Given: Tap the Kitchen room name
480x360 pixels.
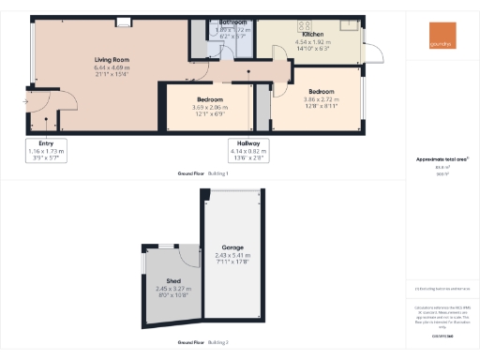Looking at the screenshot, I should point(312,34).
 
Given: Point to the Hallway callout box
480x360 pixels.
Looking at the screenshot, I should point(249,150).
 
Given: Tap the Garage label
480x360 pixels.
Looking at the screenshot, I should point(233,247).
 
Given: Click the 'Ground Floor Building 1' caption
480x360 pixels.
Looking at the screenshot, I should point(202,174).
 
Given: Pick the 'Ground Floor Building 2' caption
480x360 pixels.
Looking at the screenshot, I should point(202,343).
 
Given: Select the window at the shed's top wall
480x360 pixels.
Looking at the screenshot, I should point(166,245).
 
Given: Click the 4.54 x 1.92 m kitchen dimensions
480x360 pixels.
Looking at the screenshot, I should point(312,42).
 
